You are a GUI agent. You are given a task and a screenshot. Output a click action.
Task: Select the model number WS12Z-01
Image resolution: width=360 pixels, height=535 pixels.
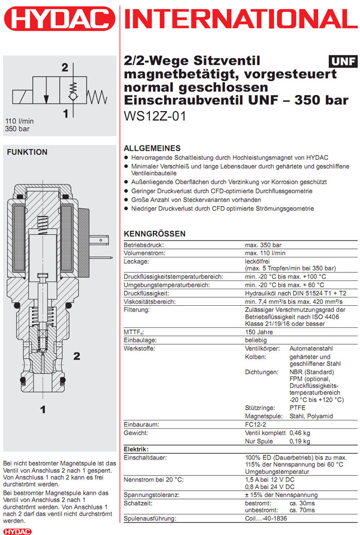[x=155, y=116]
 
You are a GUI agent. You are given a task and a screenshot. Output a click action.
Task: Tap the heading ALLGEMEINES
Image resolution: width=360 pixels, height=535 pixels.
[x=152, y=148]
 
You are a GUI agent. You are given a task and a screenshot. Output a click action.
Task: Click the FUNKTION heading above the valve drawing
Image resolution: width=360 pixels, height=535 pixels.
[x=27, y=152]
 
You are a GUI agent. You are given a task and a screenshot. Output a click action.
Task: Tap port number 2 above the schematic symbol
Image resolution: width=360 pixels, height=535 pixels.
[x=65, y=67]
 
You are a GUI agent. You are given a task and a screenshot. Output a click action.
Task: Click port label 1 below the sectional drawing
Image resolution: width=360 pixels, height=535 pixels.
[x=43, y=409]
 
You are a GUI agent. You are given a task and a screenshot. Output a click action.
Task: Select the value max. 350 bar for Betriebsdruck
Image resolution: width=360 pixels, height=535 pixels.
[x=263, y=245]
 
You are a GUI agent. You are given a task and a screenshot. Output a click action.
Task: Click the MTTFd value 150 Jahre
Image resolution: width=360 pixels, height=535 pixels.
[x=259, y=332]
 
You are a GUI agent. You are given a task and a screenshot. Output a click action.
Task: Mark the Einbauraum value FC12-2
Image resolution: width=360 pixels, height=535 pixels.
[x=256, y=425]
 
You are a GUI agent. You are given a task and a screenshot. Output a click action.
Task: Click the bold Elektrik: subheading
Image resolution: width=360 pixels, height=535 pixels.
[x=136, y=449]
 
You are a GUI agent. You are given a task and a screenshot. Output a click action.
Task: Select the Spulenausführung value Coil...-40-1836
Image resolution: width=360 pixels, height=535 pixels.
[x=266, y=519]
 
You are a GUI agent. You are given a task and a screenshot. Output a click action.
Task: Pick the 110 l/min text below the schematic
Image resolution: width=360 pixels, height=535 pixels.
[x=17, y=121]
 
